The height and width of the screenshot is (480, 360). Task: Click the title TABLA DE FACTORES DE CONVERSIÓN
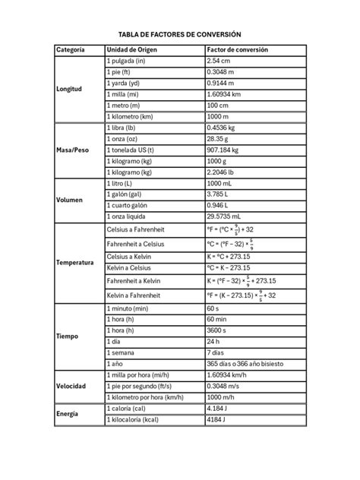pos(180,35)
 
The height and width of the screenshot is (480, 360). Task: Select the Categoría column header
pos(71,50)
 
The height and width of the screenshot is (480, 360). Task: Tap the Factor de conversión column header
pos(238,50)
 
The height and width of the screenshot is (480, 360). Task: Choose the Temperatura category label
pos(74,263)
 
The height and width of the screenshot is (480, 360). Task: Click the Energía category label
pos(68,413)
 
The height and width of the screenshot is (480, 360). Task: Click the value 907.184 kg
pos(224,150)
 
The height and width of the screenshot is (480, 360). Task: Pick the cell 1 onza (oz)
pos(125,139)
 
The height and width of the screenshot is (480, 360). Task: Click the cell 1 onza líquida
pos(131,216)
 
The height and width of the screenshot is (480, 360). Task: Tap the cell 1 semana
pos(122,353)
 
